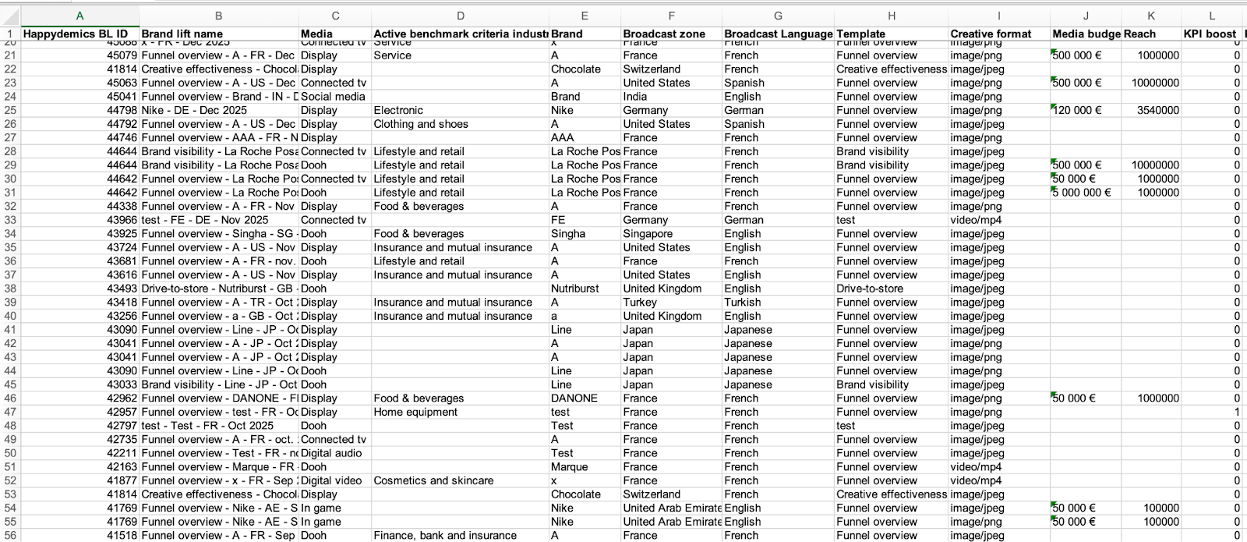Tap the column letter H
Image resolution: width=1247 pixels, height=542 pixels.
point(891,16)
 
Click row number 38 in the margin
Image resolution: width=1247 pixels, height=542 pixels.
point(10,289)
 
